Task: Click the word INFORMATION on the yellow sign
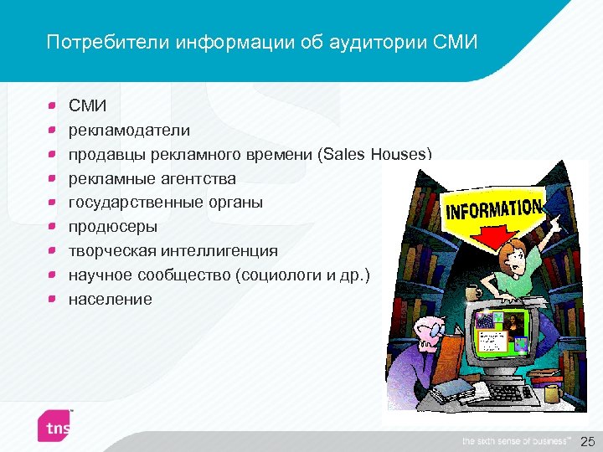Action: [493, 209]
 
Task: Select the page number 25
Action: [587, 440]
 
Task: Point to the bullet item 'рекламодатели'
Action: [129, 131]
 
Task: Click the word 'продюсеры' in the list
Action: [112, 227]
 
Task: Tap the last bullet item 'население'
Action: [110, 299]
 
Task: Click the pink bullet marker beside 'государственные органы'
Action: [52, 203]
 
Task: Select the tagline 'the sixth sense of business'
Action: [515, 440]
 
